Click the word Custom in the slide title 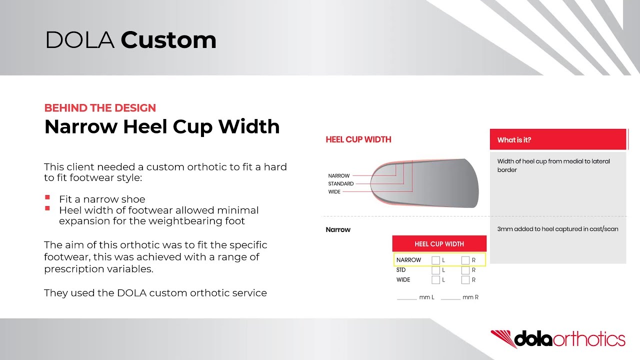168,40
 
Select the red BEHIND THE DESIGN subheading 100,108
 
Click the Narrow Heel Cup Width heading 161,127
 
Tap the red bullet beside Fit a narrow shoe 47,198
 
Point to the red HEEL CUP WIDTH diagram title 358,139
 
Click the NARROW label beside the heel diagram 338,176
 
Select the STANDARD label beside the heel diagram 340,184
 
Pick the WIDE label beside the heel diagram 334,192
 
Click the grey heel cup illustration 435,183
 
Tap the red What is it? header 557,140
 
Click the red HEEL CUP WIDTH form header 439,244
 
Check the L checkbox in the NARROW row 435,260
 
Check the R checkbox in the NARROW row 465,260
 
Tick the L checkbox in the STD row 435,270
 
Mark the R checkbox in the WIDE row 465,280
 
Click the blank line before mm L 406,298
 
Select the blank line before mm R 450,298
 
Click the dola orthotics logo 557,338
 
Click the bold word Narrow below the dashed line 338,230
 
